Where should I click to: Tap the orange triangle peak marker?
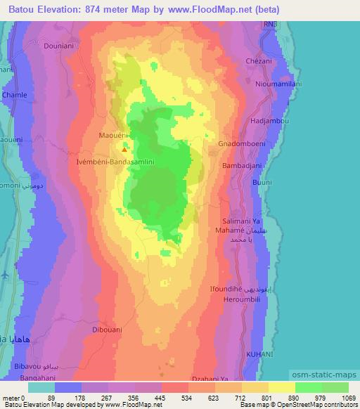point(124,149)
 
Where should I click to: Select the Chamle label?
point(15,94)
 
